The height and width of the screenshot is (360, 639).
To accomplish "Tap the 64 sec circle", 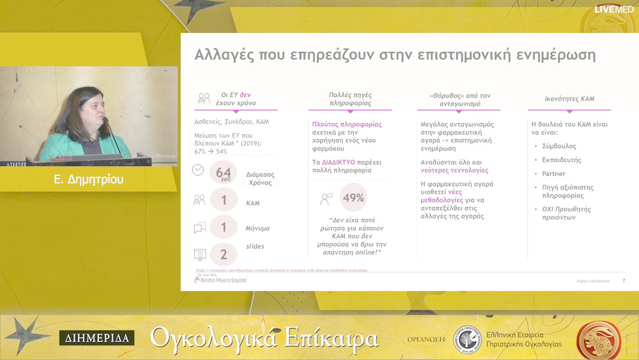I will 223,173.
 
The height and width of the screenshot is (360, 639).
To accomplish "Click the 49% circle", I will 353,198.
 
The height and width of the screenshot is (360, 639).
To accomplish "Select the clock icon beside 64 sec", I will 198,170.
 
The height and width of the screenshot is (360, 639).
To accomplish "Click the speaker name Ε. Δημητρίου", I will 89,179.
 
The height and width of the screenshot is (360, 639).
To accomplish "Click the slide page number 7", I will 624,281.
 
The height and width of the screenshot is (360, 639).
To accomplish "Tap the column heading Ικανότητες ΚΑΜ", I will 569,99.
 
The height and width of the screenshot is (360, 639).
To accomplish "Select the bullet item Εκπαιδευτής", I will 561,160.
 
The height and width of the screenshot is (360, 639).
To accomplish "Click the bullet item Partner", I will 553,173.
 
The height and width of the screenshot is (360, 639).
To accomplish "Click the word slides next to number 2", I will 254,246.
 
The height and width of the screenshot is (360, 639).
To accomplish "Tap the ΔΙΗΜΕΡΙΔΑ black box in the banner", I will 96,339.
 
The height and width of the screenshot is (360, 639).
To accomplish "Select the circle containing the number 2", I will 224,255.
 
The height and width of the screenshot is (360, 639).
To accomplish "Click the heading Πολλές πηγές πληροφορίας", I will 350,99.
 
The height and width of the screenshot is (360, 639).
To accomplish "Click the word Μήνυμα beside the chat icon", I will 257,228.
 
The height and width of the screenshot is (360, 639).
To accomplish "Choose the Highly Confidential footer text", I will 593,281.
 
